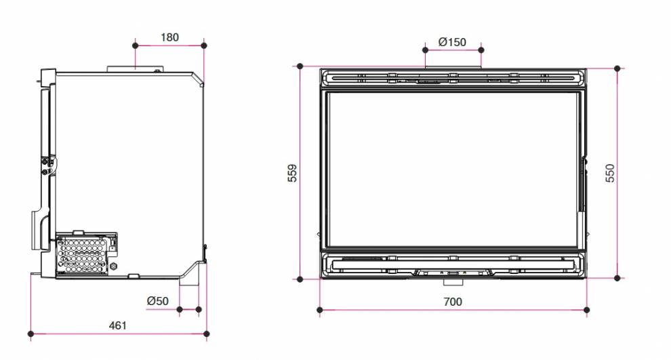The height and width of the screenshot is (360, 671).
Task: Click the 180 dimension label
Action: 169,37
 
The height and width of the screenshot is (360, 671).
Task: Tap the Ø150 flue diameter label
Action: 452,42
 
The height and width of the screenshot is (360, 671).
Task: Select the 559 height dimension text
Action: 292,173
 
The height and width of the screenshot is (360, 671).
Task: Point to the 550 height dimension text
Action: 610,173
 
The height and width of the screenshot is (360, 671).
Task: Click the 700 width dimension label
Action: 453,302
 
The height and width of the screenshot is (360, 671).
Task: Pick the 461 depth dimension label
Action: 118,325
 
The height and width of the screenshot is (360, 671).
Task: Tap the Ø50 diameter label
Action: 157,301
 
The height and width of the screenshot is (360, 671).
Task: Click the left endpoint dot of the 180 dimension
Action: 136,45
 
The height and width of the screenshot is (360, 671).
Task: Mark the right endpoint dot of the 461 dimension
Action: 207,334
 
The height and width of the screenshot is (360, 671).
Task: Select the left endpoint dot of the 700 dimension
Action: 320,309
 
